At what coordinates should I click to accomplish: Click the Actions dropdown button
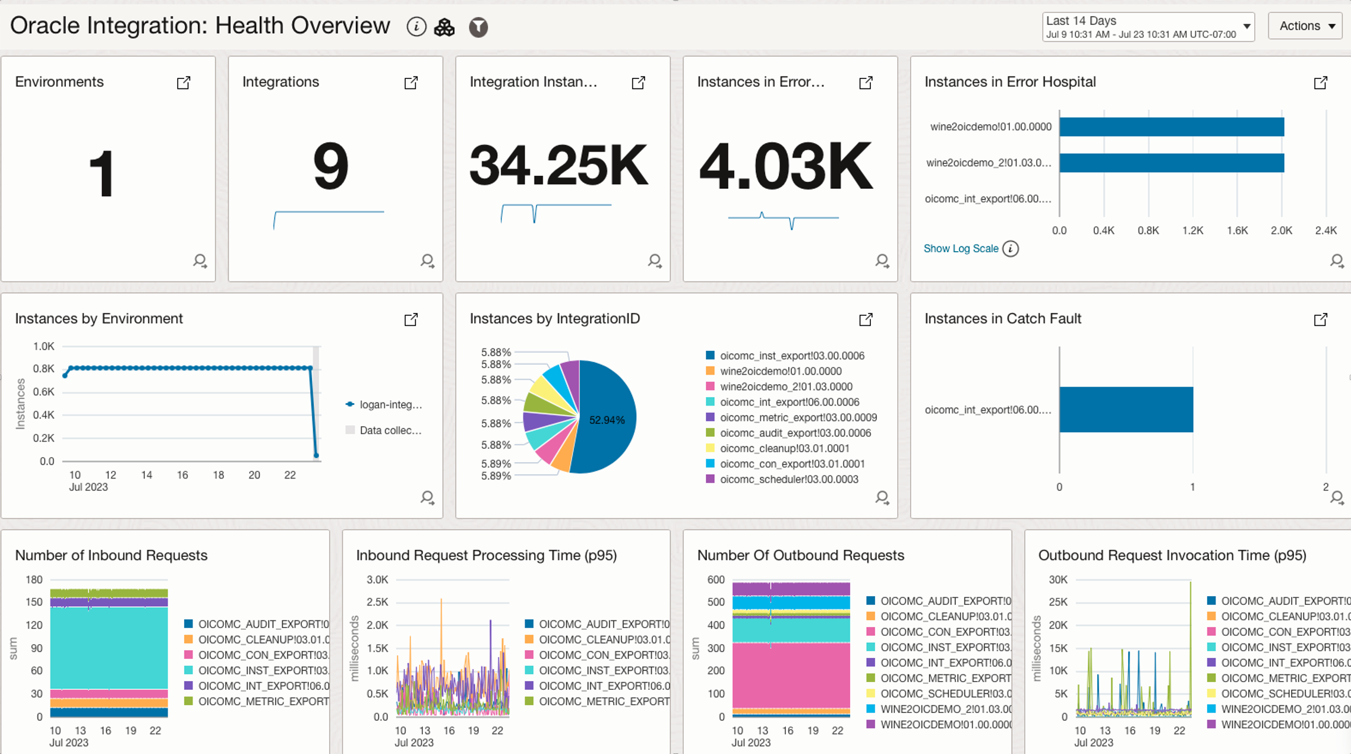click(x=1305, y=26)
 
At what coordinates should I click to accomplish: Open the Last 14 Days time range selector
click(x=1147, y=27)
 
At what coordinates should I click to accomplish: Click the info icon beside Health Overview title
click(x=416, y=27)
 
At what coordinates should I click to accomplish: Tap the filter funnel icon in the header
click(x=478, y=27)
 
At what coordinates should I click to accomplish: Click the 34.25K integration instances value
click(x=558, y=166)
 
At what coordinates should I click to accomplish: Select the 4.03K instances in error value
click(x=785, y=166)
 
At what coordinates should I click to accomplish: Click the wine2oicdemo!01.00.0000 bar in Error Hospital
click(x=1171, y=126)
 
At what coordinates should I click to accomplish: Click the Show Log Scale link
click(x=960, y=249)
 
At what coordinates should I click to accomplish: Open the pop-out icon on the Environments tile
click(x=184, y=83)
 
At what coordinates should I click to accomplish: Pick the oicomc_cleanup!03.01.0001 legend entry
click(x=784, y=448)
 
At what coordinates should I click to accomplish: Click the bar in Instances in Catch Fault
click(x=1126, y=410)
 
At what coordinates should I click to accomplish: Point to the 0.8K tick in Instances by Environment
click(x=43, y=369)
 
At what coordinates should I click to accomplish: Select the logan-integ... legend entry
click(x=390, y=404)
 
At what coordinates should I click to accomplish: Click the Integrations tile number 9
click(x=330, y=166)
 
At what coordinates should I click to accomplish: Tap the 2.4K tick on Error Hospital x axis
click(x=1325, y=230)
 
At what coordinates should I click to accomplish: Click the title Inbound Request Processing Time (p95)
click(x=486, y=555)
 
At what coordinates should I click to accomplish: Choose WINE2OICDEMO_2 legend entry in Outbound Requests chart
click(x=945, y=709)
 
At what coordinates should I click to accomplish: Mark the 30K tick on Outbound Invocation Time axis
click(x=1058, y=579)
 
